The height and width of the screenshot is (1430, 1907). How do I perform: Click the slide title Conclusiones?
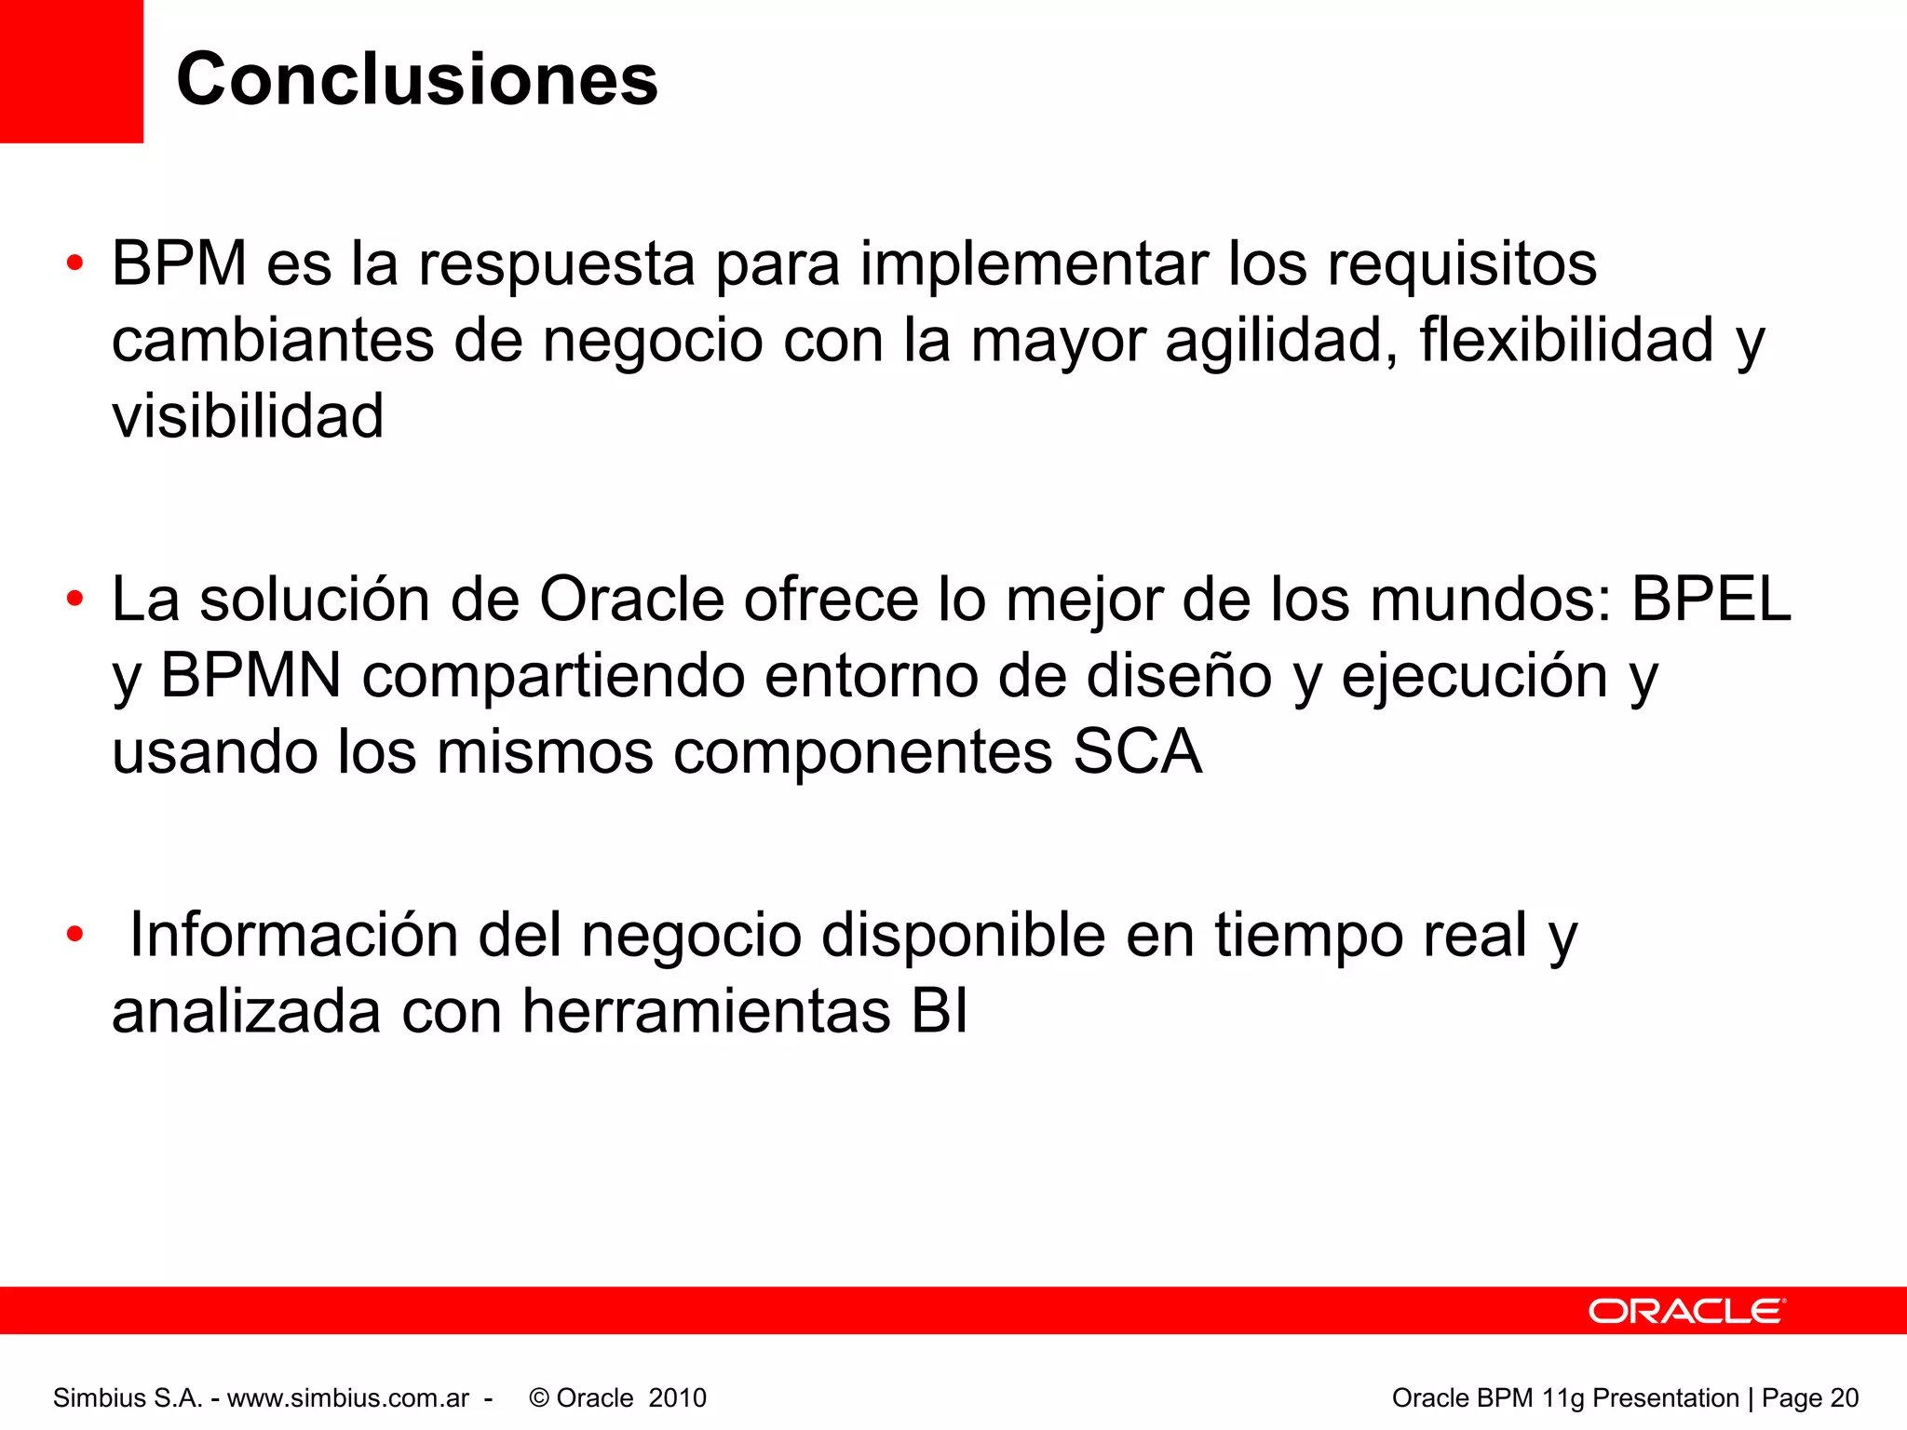(x=416, y=79)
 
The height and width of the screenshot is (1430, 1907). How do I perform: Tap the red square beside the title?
(x=71, y=71)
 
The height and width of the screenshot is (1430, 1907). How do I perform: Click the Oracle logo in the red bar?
(x=1686, y=1311)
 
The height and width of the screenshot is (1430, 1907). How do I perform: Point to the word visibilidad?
(x=248, y=416)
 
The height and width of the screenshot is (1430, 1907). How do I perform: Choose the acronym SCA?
(x=1137, y=751)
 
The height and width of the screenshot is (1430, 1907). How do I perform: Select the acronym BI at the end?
(x=940, y=1011)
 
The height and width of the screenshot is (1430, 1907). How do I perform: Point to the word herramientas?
(x=706, y=1011)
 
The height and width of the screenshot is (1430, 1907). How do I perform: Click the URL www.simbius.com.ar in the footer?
(x=348, y=1397)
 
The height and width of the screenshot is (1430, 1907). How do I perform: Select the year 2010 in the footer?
(x=677, y=1397)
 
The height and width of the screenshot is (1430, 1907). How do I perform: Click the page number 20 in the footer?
(x=1844, y=1397)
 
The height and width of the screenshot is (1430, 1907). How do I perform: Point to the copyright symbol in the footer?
(x=538, y=1397)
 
